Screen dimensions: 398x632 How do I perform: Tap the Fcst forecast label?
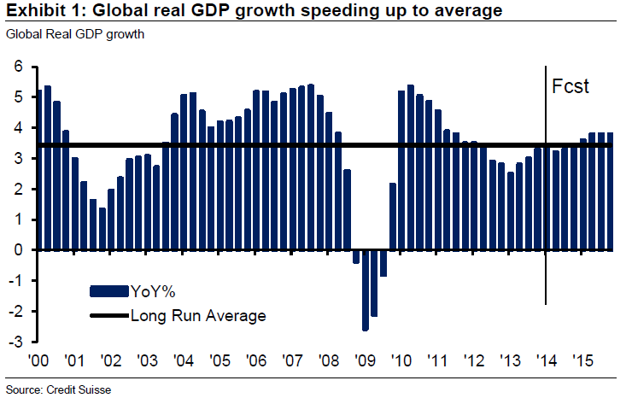point(571,86)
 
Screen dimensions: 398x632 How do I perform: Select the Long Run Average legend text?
point(198,315)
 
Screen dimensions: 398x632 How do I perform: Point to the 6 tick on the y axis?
point(15,67)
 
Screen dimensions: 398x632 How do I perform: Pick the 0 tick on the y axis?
point(15,250)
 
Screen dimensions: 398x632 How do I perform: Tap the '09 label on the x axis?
point(366,360)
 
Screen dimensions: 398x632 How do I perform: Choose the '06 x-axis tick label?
point(257,360)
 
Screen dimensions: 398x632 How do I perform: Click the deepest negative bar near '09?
point(366,290)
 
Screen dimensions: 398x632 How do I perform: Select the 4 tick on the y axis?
point(15,128)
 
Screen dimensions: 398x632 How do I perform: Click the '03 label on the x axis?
point(148,360)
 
